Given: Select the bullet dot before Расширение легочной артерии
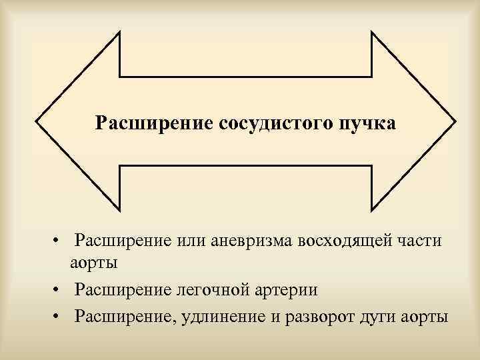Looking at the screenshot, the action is point(60,290).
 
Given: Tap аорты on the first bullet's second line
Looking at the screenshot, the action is point(95,263).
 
